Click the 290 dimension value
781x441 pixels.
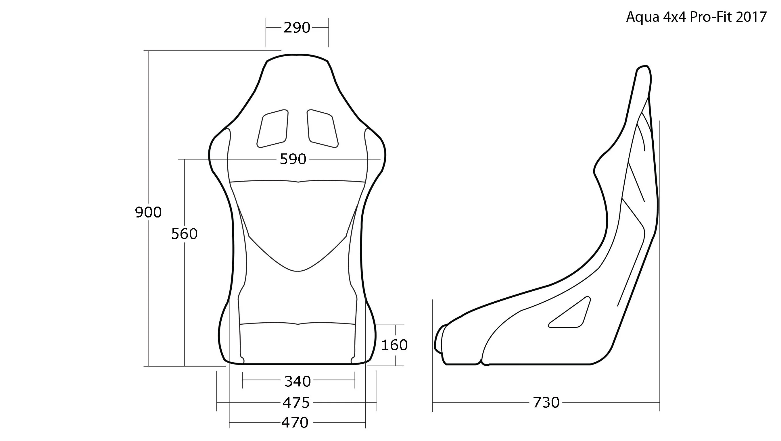pos(297,28)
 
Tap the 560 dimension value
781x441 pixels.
pos(184,234)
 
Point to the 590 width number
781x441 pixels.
pos(293,159)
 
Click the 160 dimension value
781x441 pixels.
pos(394,345)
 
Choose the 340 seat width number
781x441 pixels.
pos(298,381)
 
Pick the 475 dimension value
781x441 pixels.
pos(296,403)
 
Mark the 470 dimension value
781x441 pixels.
pos(295,423)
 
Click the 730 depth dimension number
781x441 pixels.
pos(546,403)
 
